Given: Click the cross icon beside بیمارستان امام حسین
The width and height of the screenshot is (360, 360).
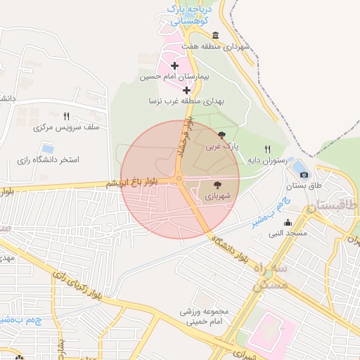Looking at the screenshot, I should tap(174, 66).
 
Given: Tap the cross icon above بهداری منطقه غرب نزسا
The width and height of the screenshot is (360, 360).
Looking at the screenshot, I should tap(186, 90).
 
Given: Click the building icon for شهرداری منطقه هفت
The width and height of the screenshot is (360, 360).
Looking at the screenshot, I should tap(215, 37).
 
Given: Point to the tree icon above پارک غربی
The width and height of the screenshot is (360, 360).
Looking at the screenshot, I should tap(222, 135).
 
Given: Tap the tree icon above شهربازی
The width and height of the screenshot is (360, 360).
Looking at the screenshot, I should tap(215, 185).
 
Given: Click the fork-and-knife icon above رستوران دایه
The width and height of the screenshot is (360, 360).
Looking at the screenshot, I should tap(267, 149).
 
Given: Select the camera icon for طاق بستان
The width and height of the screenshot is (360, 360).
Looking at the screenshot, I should tap(304, 174).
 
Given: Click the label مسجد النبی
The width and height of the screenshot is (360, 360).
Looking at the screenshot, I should tap(287, 232).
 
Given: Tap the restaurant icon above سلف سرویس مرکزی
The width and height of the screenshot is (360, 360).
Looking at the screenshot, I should tap(66, 116).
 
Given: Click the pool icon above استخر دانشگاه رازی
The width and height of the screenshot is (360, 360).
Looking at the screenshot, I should tap(47, 148).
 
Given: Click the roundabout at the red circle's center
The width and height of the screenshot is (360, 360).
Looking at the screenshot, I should tap(180, 180).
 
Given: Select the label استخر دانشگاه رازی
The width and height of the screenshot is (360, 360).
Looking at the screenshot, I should tap(49, 160).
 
